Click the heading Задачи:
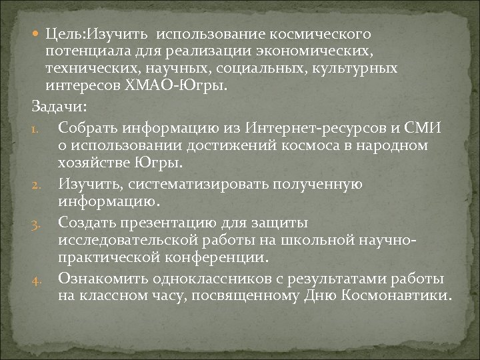coord(59,107)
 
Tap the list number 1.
coord(37,127)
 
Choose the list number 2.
coord(37,183)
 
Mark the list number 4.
coord(37,277)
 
